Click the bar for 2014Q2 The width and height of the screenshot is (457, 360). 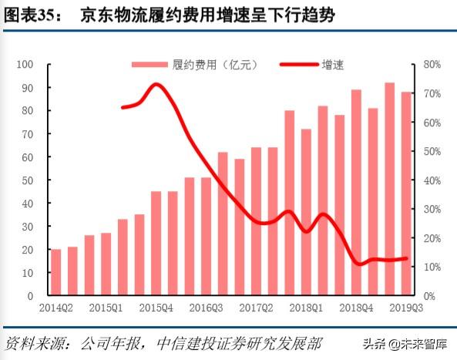(55, 272)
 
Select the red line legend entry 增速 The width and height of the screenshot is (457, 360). (313, 65)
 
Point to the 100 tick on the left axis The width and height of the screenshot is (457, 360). (29, 65)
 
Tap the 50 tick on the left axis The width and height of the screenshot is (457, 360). (31, 180)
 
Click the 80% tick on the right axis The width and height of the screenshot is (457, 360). (432, 65)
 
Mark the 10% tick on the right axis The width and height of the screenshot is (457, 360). (432, 267)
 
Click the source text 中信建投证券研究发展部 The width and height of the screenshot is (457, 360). (239, 342)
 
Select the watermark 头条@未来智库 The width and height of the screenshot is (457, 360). (408, 344)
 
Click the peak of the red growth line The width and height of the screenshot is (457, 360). (156, 84)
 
